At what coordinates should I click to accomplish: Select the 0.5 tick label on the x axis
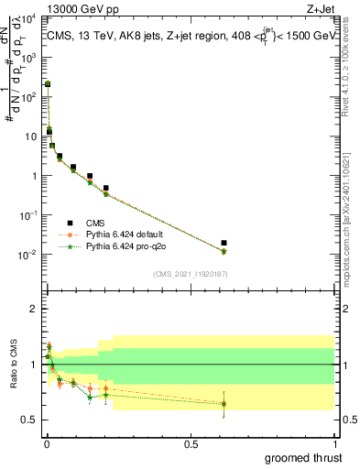pyautogui.click(x=191, y=444)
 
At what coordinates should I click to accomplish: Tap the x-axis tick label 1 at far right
pyautogui.click(x=334, y=444)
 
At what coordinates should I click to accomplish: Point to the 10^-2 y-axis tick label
pyautogui.click(x=28, y=255)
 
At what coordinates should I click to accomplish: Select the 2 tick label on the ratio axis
pyautogui.click(x=36, y=310)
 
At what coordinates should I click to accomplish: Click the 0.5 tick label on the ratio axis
pyautogui.click(x=32, y=420)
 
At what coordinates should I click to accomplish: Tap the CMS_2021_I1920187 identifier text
pyautogui.click(x=190, y=274)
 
